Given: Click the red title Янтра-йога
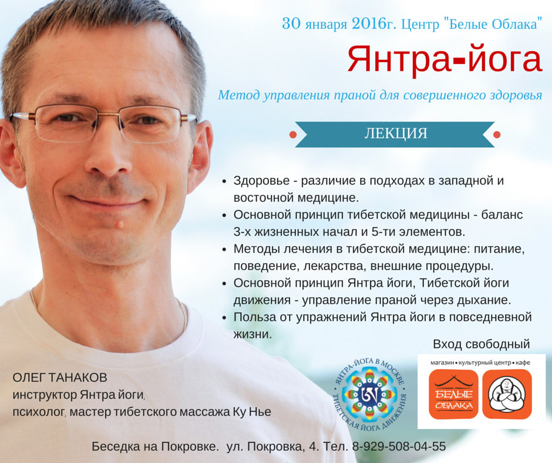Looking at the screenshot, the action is coord(445,59).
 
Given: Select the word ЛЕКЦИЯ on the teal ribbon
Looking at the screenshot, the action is coord(396,133).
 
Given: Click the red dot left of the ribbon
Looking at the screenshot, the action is coord(293,135).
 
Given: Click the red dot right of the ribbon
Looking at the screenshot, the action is coord(497,135).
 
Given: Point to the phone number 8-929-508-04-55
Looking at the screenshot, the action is coord(399,447).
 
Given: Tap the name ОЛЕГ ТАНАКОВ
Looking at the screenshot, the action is coord(60,378).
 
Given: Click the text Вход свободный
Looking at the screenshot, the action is coord(482,344).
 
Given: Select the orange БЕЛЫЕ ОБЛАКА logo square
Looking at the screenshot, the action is coord(454,394).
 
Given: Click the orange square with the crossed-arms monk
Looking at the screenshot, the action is coord(507,394).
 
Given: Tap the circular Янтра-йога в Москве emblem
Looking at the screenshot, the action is coord(369,394).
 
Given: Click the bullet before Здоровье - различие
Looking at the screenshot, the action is coord(224,182).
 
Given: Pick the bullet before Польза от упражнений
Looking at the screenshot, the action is coord(224,318).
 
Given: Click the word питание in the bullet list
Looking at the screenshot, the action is coord(499,249).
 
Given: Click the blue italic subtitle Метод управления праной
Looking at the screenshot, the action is coord(380,95).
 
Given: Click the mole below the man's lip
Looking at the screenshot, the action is coord(120,224).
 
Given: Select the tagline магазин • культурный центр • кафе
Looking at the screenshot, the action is coord(480,363).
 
